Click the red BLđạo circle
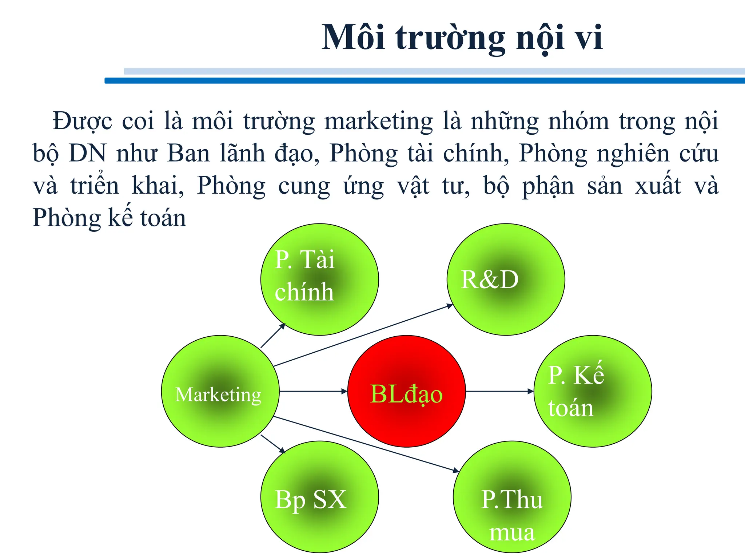[x=406, y=391]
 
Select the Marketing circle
[x=220, y=391]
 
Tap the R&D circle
[x=506, y=279]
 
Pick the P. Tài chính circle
[x=319, y=279]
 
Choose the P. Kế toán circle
[x=593, y=391]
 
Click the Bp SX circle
[x=319, y=497]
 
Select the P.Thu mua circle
[x=512, y=497]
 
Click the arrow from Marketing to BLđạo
[x=313, y=391]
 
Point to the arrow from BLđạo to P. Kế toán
[x=499, y=391]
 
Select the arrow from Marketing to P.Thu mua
[x=366, y=444]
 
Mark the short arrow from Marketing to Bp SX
[x=273, y=444]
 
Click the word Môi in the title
[x=353, y=37]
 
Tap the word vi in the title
[x=588, y=37]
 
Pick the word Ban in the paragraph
[x=188, y=153]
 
